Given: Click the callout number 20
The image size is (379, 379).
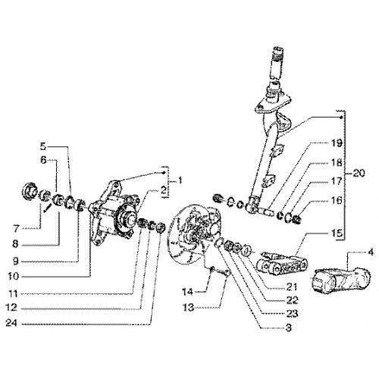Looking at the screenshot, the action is pyautogui.click(x=359, y=174).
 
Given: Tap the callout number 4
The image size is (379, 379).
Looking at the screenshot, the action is pyautogui.click(x=371, y=252).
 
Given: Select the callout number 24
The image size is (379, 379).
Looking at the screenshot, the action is pyautogui.click(x=11, y=323).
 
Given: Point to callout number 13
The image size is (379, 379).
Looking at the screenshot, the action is pyautogui.click(x=188, y=308).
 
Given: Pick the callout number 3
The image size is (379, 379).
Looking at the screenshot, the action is pyautogui.click(x=289, y=328).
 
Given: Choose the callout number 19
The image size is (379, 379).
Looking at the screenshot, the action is pyautogui.click(x=337, y=143).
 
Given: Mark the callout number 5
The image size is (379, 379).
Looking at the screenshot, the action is pyautogui.click(x=43, y=146).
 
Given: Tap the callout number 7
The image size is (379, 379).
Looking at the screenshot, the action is pyautogui.click(x=17, y=229).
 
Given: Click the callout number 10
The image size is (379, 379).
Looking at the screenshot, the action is pyautogui.click(x=13, y=277).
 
